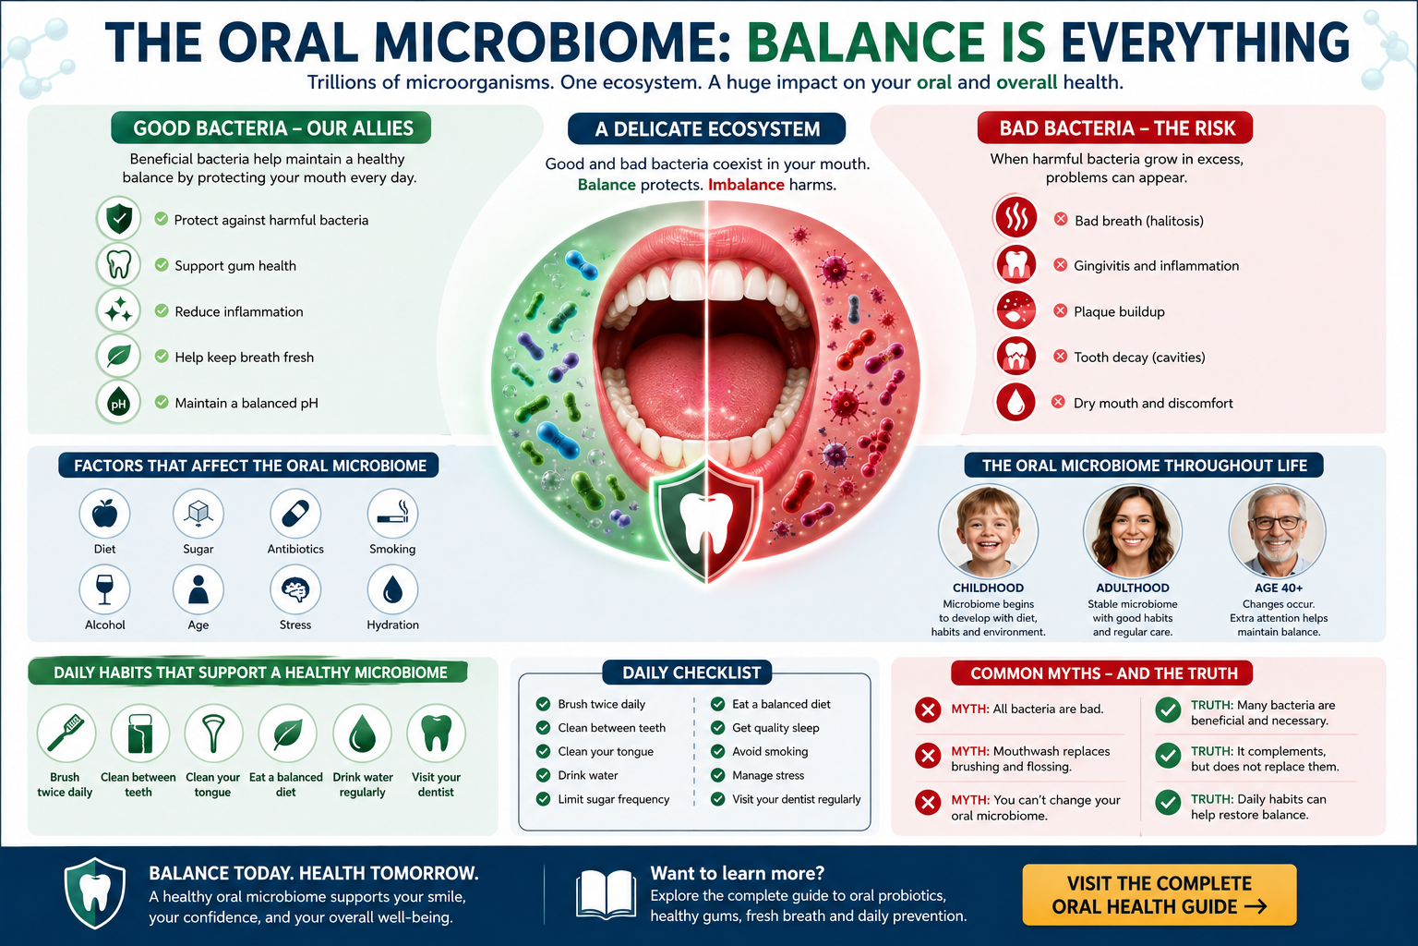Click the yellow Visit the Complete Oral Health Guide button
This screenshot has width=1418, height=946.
[x=1160, y=894]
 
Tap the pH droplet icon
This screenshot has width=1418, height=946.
[x=118, y=403]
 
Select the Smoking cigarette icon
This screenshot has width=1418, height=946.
[x=392, y=513]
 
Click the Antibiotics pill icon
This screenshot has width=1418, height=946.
[x=295, y=513]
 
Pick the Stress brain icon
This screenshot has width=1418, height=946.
[x=295, y=589]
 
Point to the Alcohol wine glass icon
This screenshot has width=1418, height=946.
[x=104, y=589]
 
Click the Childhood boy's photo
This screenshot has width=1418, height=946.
[x=988, y=531]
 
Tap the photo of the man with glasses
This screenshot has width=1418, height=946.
[x=1278, y=531]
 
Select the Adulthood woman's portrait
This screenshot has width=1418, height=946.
[x=1133, y=531]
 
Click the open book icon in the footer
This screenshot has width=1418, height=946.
[x=606, y=894]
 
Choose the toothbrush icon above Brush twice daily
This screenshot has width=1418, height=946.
[x=66, y=734]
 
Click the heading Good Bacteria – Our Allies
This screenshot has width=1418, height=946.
[x=271, y=128]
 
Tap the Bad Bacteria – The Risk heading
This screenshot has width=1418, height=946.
[x=1115, y=128]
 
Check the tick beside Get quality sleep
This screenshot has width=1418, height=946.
[x=717, y=727]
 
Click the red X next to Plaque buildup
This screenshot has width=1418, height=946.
[x=1061, y=310]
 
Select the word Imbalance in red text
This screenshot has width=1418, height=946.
[x=746, y=185]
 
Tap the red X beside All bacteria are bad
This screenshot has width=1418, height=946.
[x=928, y=709]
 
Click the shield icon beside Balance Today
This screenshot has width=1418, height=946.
[x=95, y=893]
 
